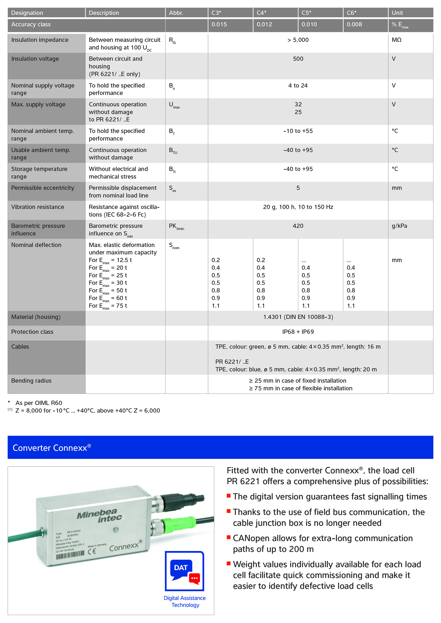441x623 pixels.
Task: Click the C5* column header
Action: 306,13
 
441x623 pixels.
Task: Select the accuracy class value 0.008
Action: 354,24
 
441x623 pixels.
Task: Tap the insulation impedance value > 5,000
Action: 298,40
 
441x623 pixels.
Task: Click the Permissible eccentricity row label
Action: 43,188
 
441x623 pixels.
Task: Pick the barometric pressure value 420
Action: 298,226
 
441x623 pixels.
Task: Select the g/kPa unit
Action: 399,226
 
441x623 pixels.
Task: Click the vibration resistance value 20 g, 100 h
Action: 298,207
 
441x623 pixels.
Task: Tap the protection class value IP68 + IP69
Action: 298,332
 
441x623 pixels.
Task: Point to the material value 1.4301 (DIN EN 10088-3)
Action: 298,317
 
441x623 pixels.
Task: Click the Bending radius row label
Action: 31,381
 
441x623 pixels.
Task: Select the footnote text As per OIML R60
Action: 39,403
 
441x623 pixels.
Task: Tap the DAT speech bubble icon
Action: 184,571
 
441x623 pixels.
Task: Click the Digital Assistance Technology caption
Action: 185,601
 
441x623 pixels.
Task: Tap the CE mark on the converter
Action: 92,552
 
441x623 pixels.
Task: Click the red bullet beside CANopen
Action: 229,537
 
